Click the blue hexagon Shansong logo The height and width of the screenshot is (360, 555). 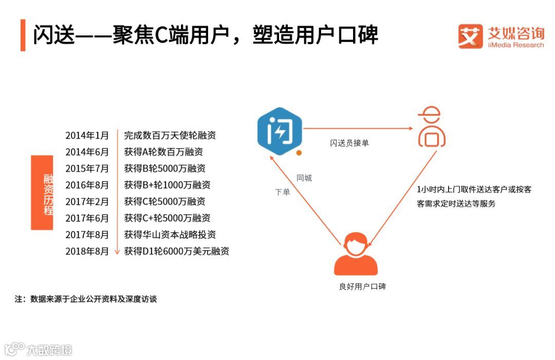click(x=280, y=130)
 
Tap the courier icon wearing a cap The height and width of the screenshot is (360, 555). click(x=431, y=127)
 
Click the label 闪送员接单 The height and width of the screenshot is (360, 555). click(x=349, y=143)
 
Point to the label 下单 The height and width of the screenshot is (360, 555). click(x=282, y=192)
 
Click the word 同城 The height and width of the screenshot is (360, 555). click(x=304, y=178)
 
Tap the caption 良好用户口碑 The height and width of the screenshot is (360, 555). click(x=362, y=287)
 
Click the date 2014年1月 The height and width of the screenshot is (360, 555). click(x=87, y=136)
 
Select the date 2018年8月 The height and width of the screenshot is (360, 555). click(x=87, y=251)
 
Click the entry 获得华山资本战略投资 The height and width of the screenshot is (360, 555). click(x=170, y=235)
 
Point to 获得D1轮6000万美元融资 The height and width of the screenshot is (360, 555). click(x=176, y=251)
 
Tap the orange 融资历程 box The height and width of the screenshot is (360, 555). click(x=49, y=193)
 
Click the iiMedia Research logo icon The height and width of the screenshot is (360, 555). click(x=470, y=36)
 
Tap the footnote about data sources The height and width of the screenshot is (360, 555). click(x=85, y=299)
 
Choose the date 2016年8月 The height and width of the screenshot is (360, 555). click(x=87, y=185)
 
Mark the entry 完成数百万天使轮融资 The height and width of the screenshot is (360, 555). click(x=170, y=136)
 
